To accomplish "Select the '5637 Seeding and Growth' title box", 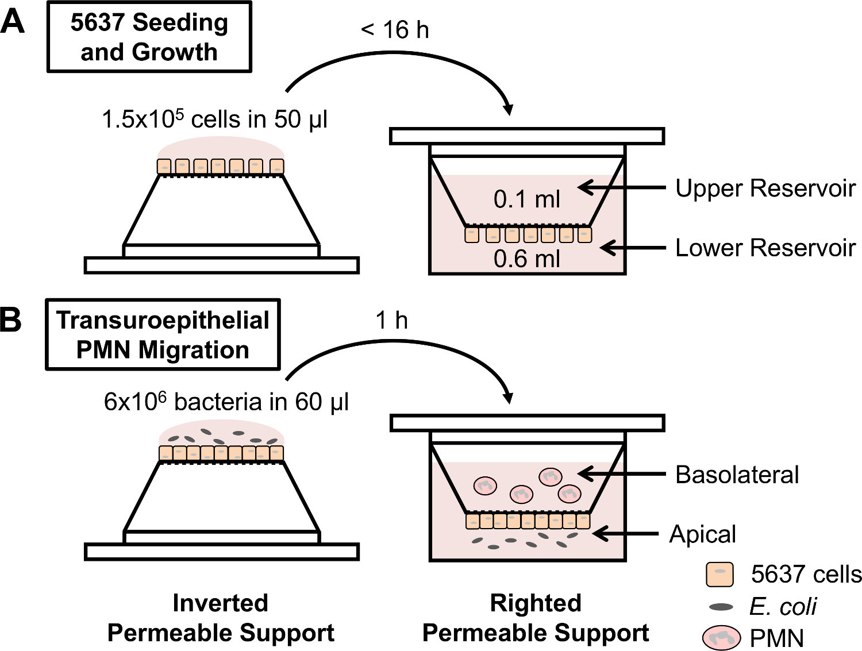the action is [149, 37].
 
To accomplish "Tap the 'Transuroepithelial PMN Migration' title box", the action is [163, 334].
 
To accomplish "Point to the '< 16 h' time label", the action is [395, 29].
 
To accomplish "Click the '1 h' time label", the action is [391, 320].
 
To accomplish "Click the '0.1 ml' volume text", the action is [526, 199].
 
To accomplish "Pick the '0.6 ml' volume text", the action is [526, 259].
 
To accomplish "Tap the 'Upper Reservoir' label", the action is [765, 188].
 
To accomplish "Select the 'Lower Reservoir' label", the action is [765, 248].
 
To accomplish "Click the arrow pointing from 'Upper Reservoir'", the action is [622, 188].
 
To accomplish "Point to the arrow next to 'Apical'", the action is [625, 534].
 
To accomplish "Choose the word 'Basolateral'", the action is [737, 474].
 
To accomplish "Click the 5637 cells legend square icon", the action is [719, 575].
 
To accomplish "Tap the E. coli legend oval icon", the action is [721, 607].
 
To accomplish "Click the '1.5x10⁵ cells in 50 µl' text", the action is [214, 119].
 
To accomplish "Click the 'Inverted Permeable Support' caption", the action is [221, 618].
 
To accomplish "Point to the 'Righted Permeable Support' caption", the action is [536, 618].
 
